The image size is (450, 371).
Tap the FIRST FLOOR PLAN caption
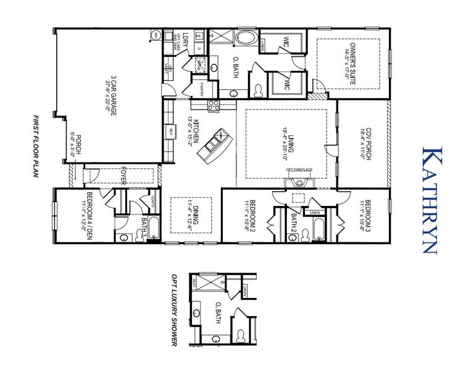pos(36,146)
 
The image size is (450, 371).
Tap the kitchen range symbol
pos(214,104)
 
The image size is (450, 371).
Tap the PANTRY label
pos(201,89)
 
